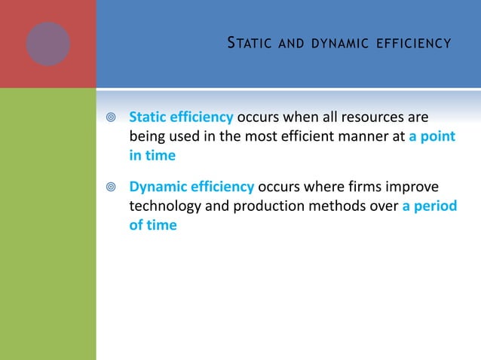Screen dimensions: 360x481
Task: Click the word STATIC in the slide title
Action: (x=246, y=44)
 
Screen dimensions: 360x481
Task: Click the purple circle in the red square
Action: (x=48, y=43)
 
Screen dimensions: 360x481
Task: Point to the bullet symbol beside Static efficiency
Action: (x=111, y=119)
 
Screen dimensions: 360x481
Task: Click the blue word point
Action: (x=438, y=137)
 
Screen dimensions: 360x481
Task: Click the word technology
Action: (x=164, y=206)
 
